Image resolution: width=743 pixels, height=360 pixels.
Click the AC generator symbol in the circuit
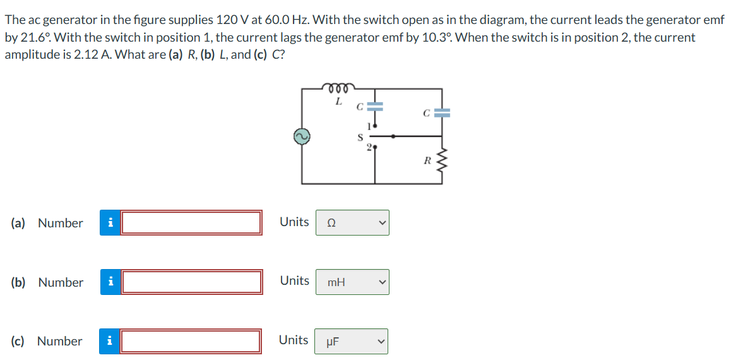click(302, 136)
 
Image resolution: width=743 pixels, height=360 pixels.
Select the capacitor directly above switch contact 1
click(375, 107)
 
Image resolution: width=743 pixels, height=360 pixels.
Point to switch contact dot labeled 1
click(375, 126)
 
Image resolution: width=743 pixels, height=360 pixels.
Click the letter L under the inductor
click(338, 100)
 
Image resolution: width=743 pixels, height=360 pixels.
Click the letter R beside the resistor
click(427, 160)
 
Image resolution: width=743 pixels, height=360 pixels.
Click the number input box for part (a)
click(191, 223)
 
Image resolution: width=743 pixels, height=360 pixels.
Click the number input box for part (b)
click(191, 282)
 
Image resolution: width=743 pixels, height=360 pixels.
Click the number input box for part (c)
click(191, 341)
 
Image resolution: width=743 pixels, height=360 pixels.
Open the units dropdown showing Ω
click(352, 223)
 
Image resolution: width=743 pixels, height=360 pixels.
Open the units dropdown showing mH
click(352, 282)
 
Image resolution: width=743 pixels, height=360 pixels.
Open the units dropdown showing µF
click(352, 341)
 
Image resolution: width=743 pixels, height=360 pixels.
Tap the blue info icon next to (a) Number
click(110, 223)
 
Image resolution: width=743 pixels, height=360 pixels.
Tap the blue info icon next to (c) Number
click(110, 341)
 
